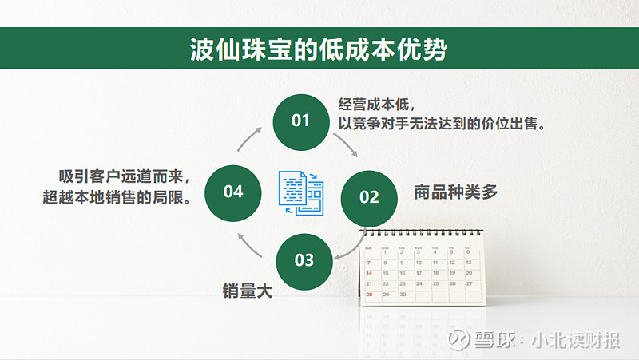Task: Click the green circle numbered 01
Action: (x=301, y=122)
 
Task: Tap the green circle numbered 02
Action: (x=369, y=198)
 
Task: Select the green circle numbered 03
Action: (x=304, y=262)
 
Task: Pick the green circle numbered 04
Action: (x=232, y=193)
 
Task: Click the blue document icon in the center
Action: (x=301, y=193)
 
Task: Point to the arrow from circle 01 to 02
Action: (x=347, y=144)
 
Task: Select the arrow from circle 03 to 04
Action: (x=248, y=246)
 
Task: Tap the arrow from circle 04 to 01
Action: (x=248, y=139)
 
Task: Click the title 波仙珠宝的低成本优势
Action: (x=319, y=49)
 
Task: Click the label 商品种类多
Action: (x=455, y=192)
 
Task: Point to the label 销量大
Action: (x=248, y=291)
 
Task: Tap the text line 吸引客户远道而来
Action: (x=124, y=176)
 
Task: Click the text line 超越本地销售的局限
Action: (x=117, y=197)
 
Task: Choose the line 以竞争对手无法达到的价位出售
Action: (x=442, y=124)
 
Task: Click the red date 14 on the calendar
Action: (x=369, y=273)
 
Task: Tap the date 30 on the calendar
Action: (x=403, y=294)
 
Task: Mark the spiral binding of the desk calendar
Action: (x=423, y=232)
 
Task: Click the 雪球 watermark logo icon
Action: (x=458, y=339)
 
